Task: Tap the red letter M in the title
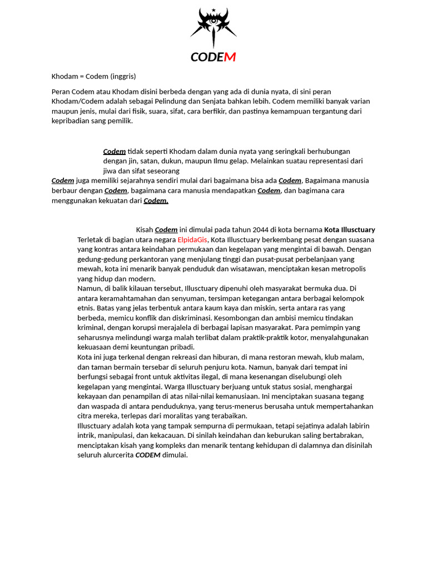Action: pyautogui.click(x=230, y=57)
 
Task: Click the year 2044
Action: pyautogui.click(x=260, y=229)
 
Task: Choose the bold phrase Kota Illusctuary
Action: pyautogui.click(x=350, y=229)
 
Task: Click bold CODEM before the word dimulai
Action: pyautogui.click(x=148, y=455)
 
